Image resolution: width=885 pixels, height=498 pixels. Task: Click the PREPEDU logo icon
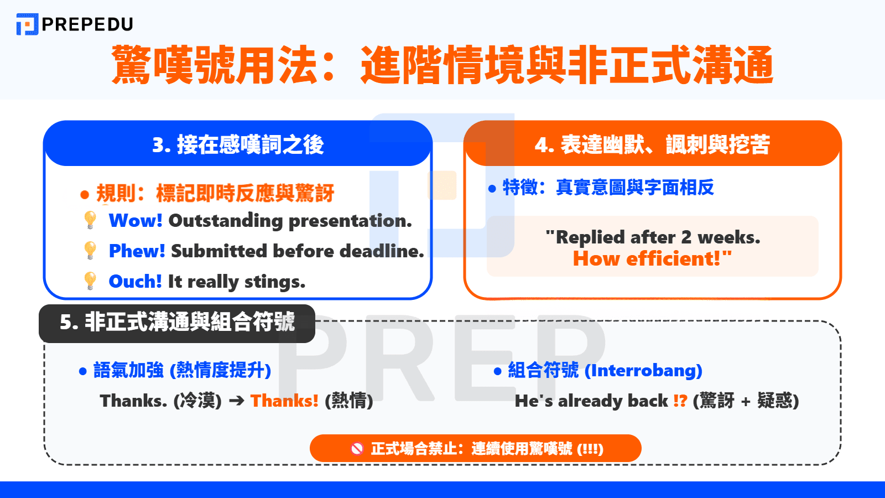pos(27,24)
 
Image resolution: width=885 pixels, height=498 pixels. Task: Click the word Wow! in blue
pos(136,221)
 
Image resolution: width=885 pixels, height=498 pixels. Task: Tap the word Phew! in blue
pos(137,251)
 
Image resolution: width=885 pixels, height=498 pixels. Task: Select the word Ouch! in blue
pos(135,282)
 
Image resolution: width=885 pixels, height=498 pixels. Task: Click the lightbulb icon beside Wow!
pos(90,220)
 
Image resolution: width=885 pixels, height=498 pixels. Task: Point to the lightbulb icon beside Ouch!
pos(90,281)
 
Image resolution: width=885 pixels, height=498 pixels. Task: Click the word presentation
pos(350,221)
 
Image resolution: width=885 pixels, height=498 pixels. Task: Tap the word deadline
pos(382,251)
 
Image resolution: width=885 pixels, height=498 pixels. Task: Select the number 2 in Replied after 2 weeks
pos(686,237)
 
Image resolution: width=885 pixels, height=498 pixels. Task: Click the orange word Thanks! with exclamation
pos(284,401)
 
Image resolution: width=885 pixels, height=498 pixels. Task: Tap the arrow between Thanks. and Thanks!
pos(236,401)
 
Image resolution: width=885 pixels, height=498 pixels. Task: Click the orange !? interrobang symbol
pos(680,401)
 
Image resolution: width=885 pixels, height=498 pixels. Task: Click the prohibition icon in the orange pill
pos(357,449)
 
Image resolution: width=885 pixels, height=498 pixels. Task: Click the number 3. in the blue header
pos(161,145)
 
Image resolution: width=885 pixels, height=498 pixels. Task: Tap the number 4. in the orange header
pos(544,145)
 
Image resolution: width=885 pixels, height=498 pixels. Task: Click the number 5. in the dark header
pos(69,322)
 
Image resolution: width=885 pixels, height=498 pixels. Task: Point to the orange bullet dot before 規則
pos(85,194)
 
